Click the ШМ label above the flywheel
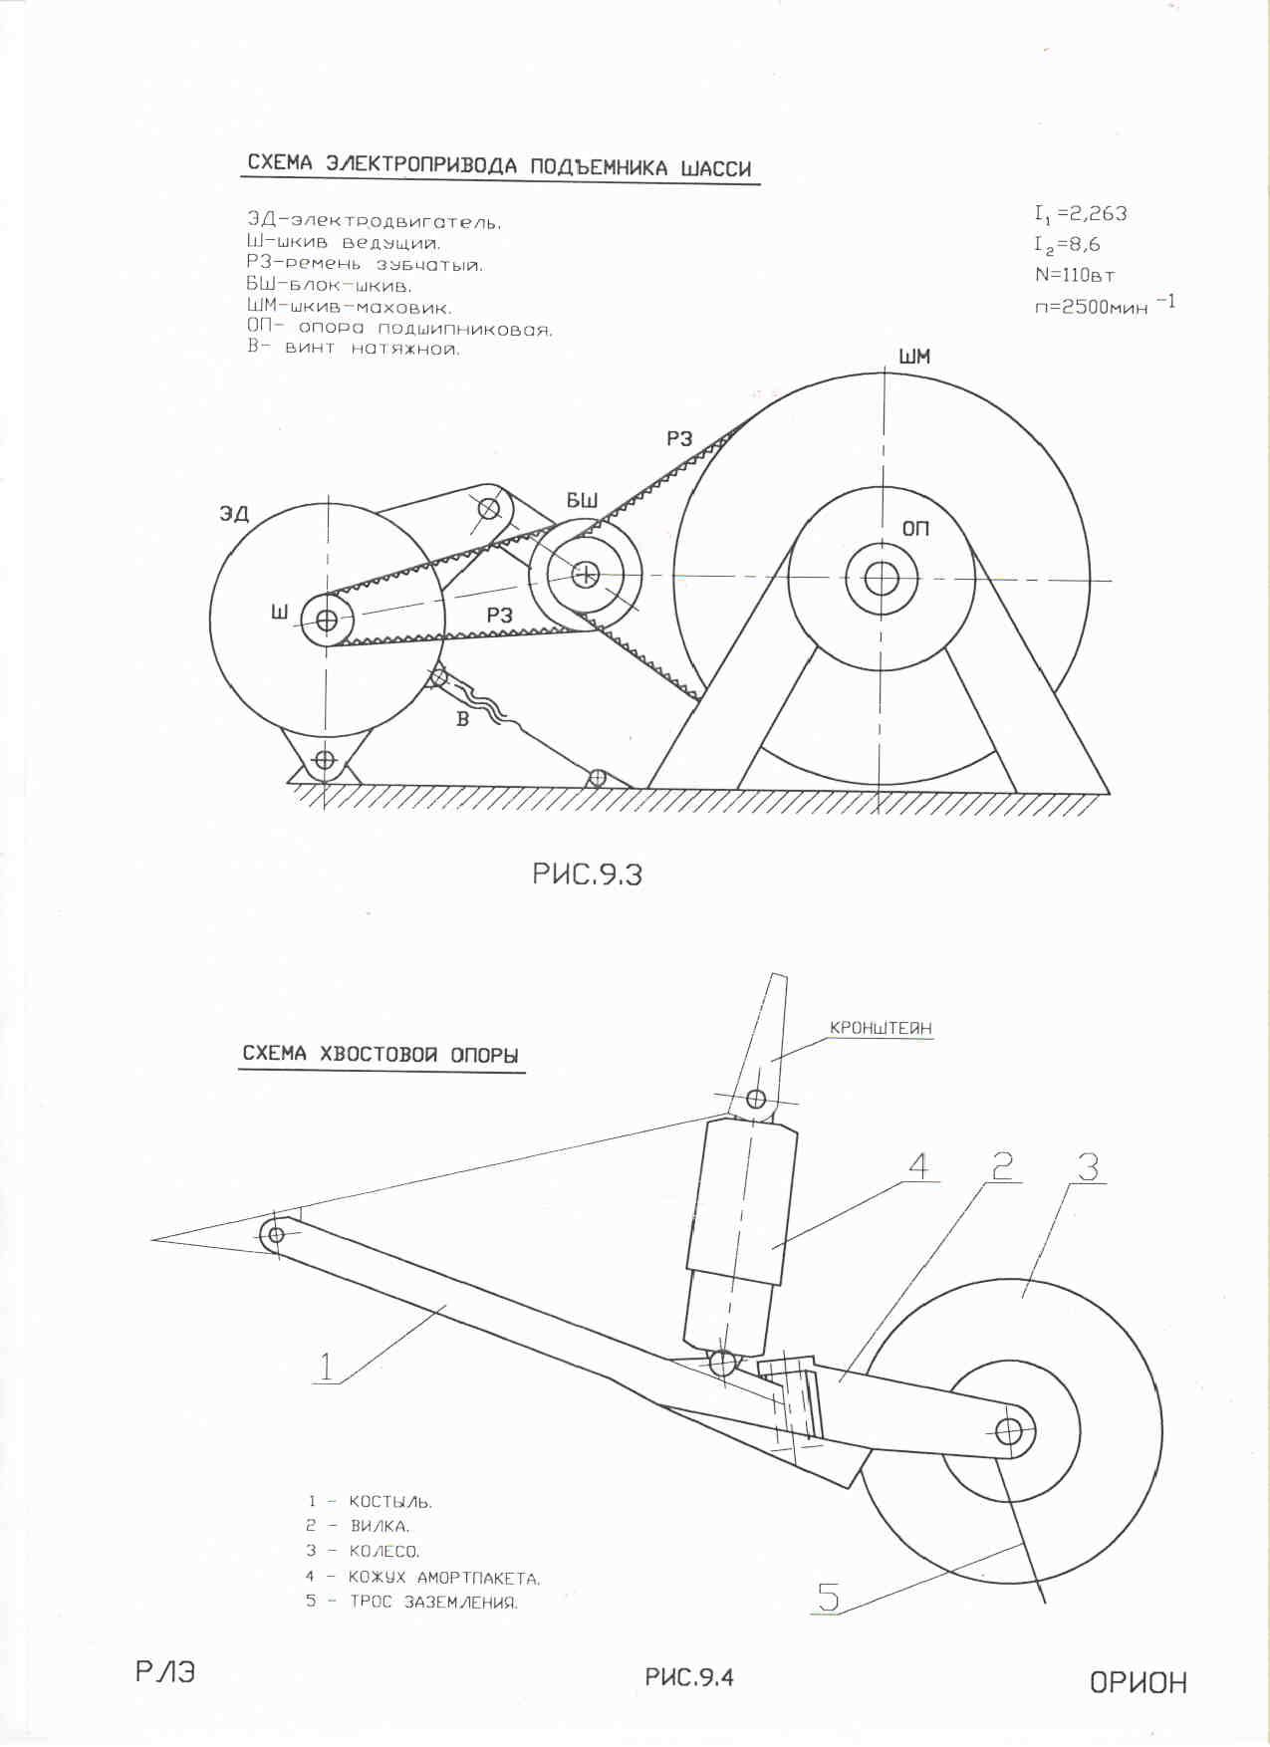[913, 357]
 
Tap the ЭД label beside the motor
[234, 514]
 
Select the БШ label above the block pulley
[582, 500]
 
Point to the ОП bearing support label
[915, 528]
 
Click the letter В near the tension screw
[462, 718]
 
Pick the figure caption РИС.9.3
[587, 873]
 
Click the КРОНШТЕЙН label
[882, 1028]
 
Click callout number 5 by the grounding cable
[828, 1598]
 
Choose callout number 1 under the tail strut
[326, 1367]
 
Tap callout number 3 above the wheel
[1088, 1165]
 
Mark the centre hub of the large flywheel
[881, 578]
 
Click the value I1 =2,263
[1081, 214]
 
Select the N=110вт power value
[1075, 275]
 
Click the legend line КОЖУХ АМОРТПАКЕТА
[444, 1578]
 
